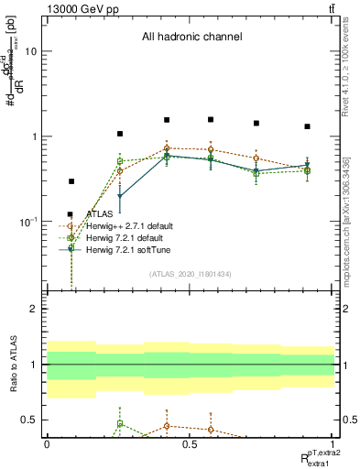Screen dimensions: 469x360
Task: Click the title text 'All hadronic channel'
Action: point(191,38)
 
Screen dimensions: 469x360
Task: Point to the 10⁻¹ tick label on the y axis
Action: point(27,222)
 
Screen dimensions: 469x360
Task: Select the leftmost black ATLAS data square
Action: point(71,181)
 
